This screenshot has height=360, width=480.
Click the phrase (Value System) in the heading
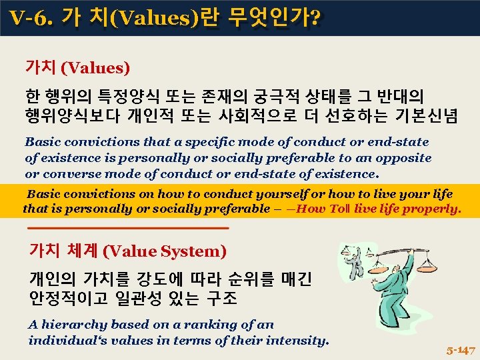[165, 251]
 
